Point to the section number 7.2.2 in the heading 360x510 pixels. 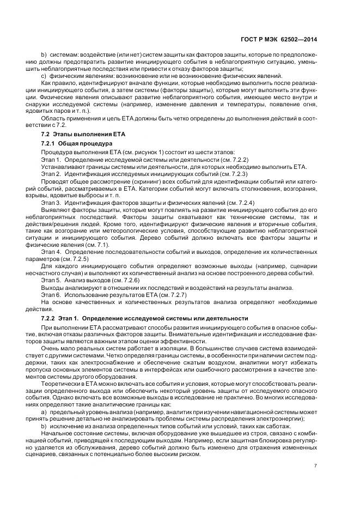pos(51,318)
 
